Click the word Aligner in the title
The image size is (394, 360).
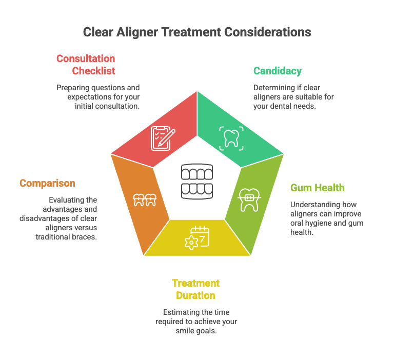[137, 33]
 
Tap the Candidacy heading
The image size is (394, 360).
[278, 71]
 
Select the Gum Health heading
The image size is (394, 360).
[318, 188]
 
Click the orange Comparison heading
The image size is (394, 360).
[48, 184]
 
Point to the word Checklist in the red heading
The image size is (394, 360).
[93, 71]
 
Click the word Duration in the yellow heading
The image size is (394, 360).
[195, 295]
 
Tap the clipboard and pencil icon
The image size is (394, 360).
[163, 138]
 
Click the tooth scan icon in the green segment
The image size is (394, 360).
[231, 138]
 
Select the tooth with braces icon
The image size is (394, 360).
[249, 199]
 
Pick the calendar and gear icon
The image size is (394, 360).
[197, 237]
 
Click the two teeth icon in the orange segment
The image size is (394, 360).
[145, 200]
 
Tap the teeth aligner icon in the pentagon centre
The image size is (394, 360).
[197, 182]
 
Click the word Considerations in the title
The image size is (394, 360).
[268, 32]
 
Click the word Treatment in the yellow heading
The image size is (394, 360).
[195, 283]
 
